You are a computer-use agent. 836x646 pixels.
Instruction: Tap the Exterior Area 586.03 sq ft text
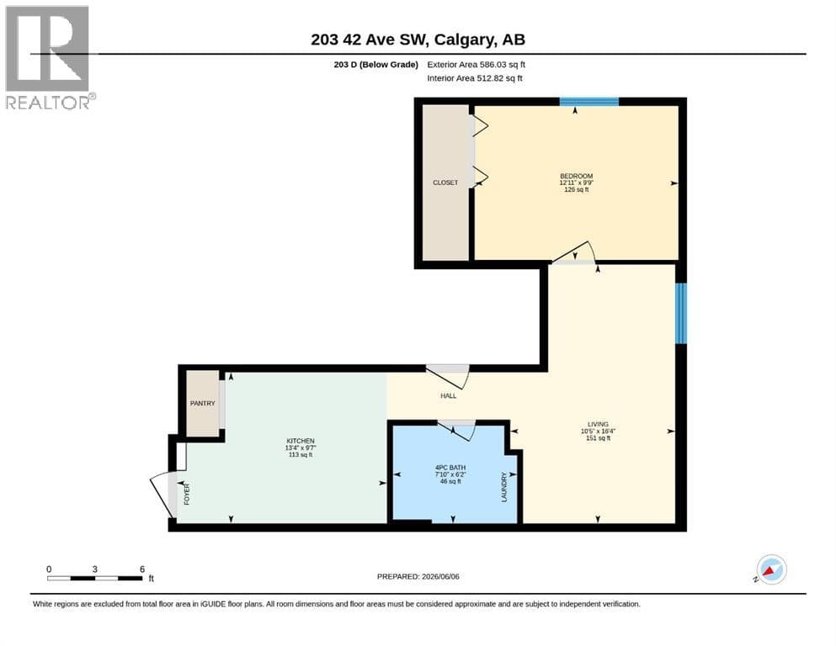point(477,65)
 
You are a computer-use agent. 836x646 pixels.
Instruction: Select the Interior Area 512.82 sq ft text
point(475,78)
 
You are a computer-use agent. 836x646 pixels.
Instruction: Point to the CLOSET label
point(445,183)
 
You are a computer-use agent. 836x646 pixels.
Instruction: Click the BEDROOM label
point(577,176)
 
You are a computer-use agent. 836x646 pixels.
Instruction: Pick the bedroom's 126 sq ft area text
point(577,189)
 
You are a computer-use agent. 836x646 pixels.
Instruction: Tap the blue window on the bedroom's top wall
point(589,102)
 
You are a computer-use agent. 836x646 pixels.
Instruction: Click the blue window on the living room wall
point(681,313)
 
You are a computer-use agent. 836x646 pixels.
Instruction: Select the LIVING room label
point(598,425)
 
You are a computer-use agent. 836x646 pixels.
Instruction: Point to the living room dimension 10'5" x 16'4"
point(598,432)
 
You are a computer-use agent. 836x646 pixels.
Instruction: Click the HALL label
point(449,395)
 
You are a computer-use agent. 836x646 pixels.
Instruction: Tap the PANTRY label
point(203,403)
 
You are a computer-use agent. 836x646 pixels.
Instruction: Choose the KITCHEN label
point(301,441)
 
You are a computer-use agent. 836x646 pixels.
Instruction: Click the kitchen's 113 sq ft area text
point(301,455)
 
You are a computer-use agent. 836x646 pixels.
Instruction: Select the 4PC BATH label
point(450,468)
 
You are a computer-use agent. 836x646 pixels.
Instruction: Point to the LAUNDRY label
point(503,487)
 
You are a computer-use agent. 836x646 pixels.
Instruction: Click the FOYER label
point(187,495)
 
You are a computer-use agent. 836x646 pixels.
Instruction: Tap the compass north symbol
point(770,570)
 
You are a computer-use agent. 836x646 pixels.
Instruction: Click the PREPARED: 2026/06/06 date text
point(418,576)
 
